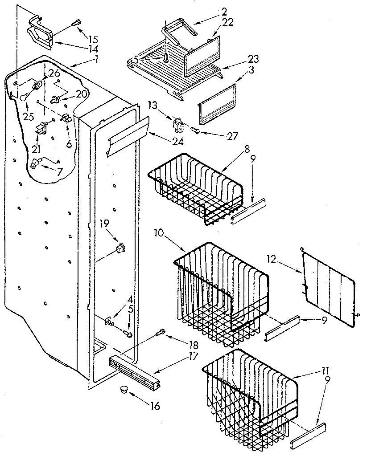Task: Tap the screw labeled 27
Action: [x=195, y=130]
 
